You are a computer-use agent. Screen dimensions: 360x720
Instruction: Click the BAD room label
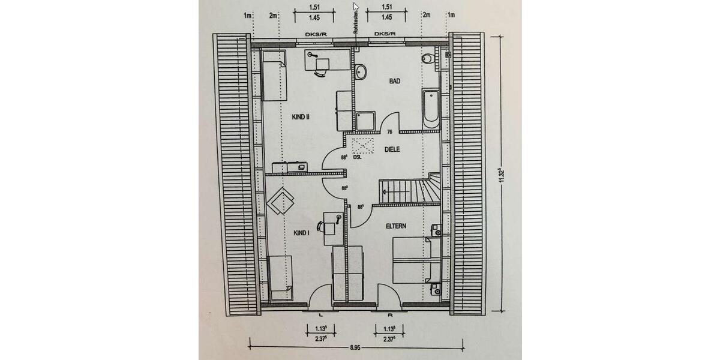[x=394, y=80]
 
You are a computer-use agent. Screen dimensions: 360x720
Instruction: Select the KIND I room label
[x=301, y=233]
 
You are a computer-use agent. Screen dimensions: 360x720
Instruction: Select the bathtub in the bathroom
[x=431, y=109]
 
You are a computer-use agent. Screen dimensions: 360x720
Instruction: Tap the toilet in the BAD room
[x=428, y=58]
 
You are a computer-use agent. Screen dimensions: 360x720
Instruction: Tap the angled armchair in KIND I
[x=280, y=201]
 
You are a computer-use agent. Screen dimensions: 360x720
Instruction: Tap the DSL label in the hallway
[x=358, y=158]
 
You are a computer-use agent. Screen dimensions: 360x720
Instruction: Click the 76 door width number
[x=390, y=132]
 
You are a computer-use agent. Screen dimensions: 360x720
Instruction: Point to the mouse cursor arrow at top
[x=356, y=7]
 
